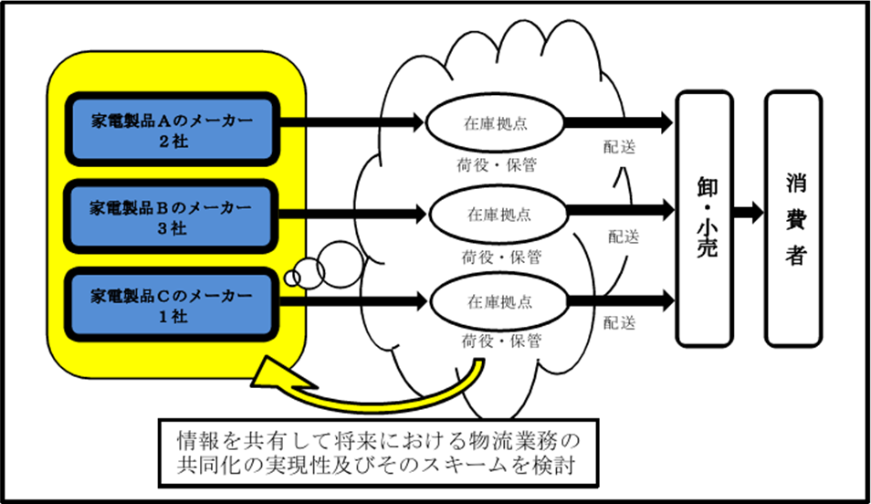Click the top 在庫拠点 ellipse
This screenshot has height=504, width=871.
499,126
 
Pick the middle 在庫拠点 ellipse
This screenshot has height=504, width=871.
499,215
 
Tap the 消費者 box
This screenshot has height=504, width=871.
797,216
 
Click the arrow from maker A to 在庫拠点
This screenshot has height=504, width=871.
352,120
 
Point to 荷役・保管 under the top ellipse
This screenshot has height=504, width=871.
499,167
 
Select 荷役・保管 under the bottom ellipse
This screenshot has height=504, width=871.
499,342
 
